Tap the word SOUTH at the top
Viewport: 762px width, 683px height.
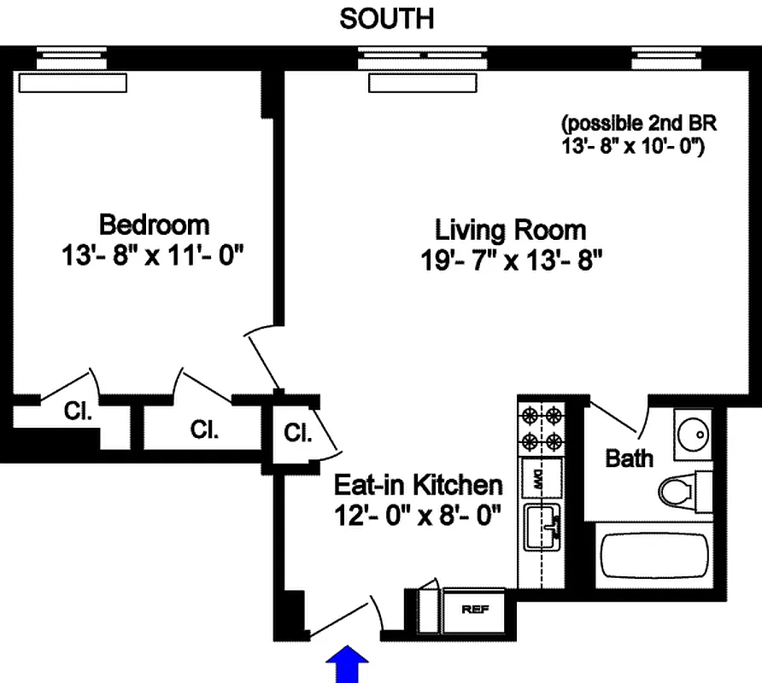[386, 19]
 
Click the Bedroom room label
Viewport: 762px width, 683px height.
[154, 225]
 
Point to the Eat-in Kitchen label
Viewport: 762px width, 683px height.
[418, 485]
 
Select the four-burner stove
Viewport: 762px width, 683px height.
[542, 429]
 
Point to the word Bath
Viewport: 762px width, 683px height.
[629, 458]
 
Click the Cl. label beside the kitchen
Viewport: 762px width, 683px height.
[296, 433]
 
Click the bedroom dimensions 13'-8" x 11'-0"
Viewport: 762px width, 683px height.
[154, 255]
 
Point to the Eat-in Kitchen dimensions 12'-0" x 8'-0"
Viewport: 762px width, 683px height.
[417, 516]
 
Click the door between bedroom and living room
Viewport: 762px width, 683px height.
[263, 359]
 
